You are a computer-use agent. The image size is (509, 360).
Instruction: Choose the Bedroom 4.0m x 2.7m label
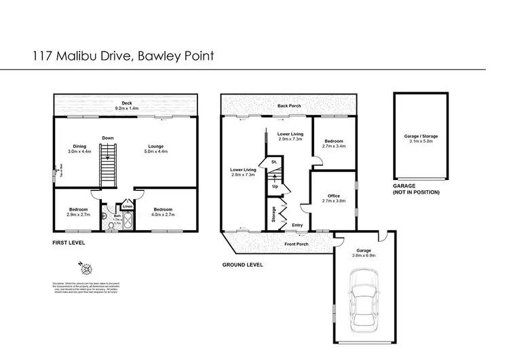click(x=164, y=212)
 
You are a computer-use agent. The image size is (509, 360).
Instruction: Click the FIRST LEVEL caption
click(x=71, y=242)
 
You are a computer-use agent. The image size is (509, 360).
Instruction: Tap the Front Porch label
click(x=297, y=244)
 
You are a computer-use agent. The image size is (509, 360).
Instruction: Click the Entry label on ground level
click(x=297, y=226)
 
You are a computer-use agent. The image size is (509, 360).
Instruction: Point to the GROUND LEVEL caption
click(x=243, y=264)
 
